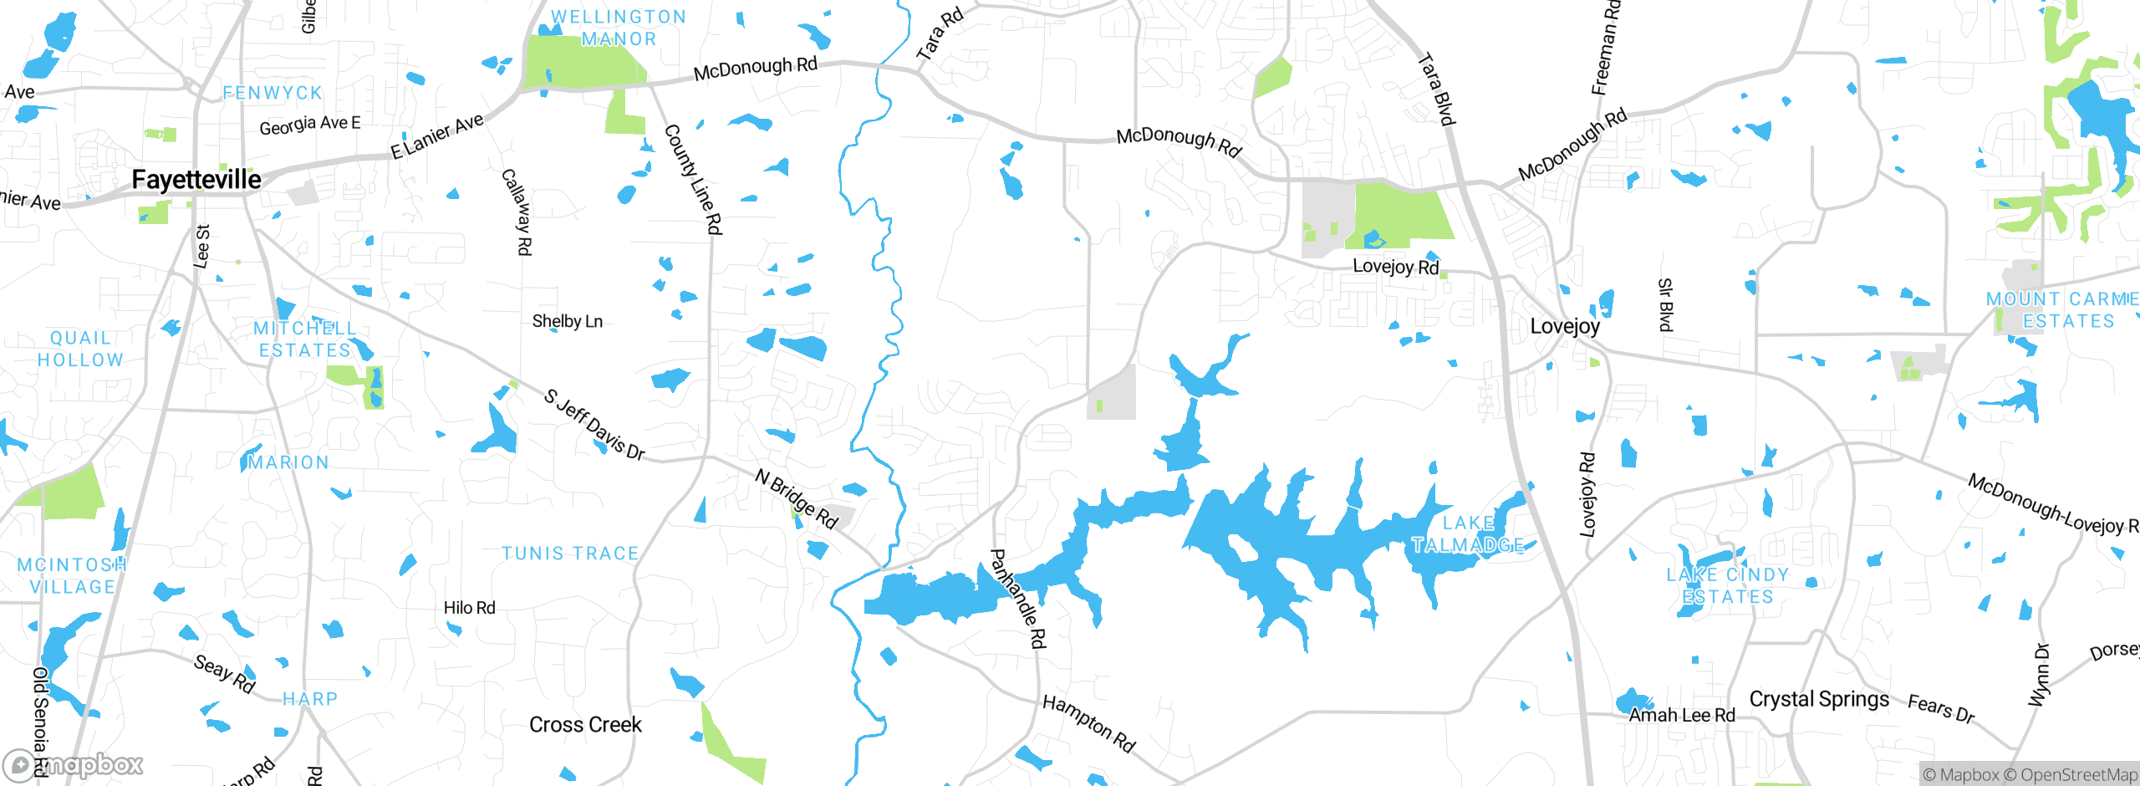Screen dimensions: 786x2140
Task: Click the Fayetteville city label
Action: (x=196, y=180)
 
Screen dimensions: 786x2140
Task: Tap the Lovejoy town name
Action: (x=1564, y=326)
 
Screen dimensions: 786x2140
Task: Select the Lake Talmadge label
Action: (x=1468, y=534)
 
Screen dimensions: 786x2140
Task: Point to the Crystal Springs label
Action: (x=1819, y=699)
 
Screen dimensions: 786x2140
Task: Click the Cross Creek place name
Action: (x=585, y=724)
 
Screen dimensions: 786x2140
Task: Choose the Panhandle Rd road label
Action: (x=1017, y=599)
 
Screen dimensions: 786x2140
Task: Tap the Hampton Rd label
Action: (x=1088, y=723)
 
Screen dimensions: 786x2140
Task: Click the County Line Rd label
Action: (x=693, y=179)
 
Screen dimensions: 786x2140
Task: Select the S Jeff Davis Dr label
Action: (x=594, y=425)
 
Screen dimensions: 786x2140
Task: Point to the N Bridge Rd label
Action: (x=796, y=498)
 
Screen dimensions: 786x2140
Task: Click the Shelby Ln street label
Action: (x=567, y=321)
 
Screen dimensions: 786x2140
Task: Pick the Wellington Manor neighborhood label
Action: (x=619, y=28)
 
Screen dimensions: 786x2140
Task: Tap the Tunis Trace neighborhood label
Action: (x=570, y=554)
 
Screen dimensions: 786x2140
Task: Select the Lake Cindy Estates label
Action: (x=1728, y=585)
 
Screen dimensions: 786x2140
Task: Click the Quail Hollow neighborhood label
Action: (x=80, y=349)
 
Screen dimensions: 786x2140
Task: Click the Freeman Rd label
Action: (x=1605, y=48)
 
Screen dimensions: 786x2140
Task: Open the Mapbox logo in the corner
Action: (x=74, y=765)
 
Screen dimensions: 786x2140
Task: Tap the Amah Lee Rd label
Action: (x=1682, y=715)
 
